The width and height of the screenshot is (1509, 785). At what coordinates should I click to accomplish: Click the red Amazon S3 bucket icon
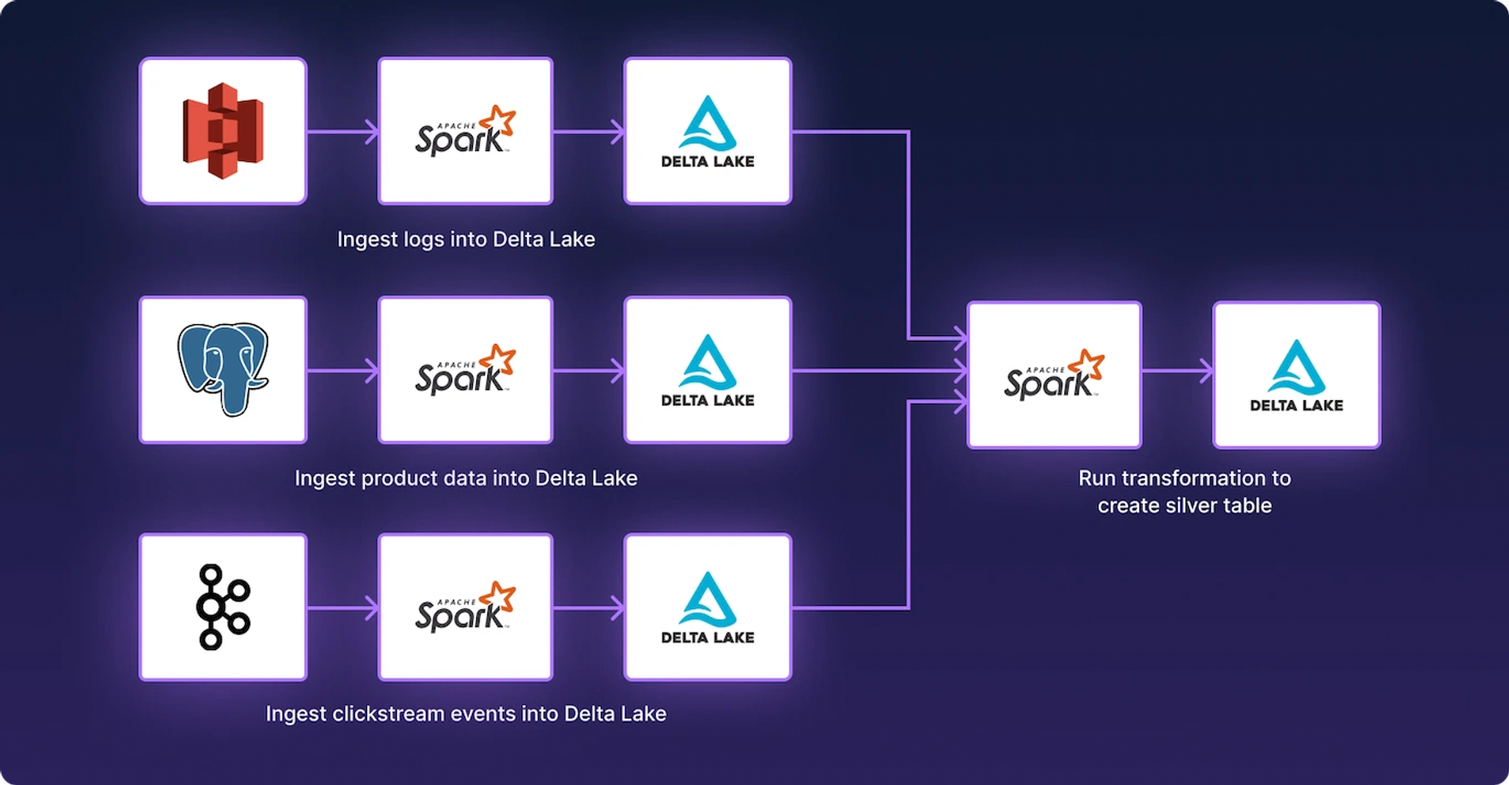click(223, 131)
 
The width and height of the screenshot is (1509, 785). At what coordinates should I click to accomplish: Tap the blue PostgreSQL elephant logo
click(223, 369)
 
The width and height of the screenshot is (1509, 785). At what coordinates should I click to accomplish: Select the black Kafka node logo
click(223, 607)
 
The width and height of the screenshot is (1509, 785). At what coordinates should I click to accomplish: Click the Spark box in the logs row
click(465, 131)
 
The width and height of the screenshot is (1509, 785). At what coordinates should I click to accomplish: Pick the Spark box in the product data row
click(465, 369)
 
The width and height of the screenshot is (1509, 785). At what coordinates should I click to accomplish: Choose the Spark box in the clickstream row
click(465, 607)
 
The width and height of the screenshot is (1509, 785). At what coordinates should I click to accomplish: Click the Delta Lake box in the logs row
click(708, 131)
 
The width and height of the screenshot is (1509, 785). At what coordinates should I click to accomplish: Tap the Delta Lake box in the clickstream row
click(708, 607)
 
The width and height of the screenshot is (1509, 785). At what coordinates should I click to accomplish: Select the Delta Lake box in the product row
click(708, 369)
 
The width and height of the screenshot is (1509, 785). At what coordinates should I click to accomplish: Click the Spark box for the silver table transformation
click(1054, 375)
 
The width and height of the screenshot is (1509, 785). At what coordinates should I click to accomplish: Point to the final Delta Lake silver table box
click(1296, 375)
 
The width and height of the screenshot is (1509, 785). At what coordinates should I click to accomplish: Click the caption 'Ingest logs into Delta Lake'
click(466, 240)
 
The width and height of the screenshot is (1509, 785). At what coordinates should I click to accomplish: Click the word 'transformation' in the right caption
click(1199, 479)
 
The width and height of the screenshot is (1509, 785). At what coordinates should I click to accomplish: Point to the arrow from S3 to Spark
click(342, 131)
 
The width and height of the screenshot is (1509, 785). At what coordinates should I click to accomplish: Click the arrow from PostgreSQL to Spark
click(342, 370)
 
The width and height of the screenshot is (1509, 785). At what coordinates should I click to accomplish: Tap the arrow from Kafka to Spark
click(342, 608)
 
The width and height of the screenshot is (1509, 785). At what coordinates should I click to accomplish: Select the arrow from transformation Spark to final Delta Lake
click(1177, 370)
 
